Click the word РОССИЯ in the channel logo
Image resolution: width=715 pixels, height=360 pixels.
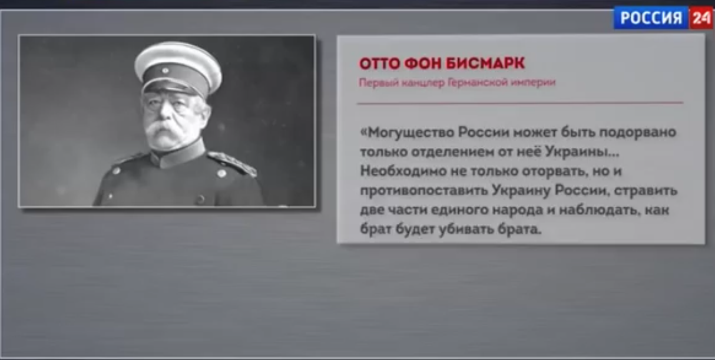[651, 18]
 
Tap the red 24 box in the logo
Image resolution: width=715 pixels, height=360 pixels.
[701, 18]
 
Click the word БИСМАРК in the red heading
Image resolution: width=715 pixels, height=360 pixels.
[485, 63]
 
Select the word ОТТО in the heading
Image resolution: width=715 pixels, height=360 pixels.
[379, 63]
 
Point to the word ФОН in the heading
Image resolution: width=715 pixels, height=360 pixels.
[422, 63]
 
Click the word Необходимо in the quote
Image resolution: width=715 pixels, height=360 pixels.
[403, 171]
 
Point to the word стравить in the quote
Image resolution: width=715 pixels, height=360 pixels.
[646, 191]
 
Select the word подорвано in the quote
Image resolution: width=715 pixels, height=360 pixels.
[638, 133]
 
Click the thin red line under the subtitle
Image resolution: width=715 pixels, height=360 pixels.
[520, 103]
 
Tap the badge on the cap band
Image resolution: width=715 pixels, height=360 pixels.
[165, 71]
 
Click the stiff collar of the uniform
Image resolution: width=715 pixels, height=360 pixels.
[179, 155]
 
